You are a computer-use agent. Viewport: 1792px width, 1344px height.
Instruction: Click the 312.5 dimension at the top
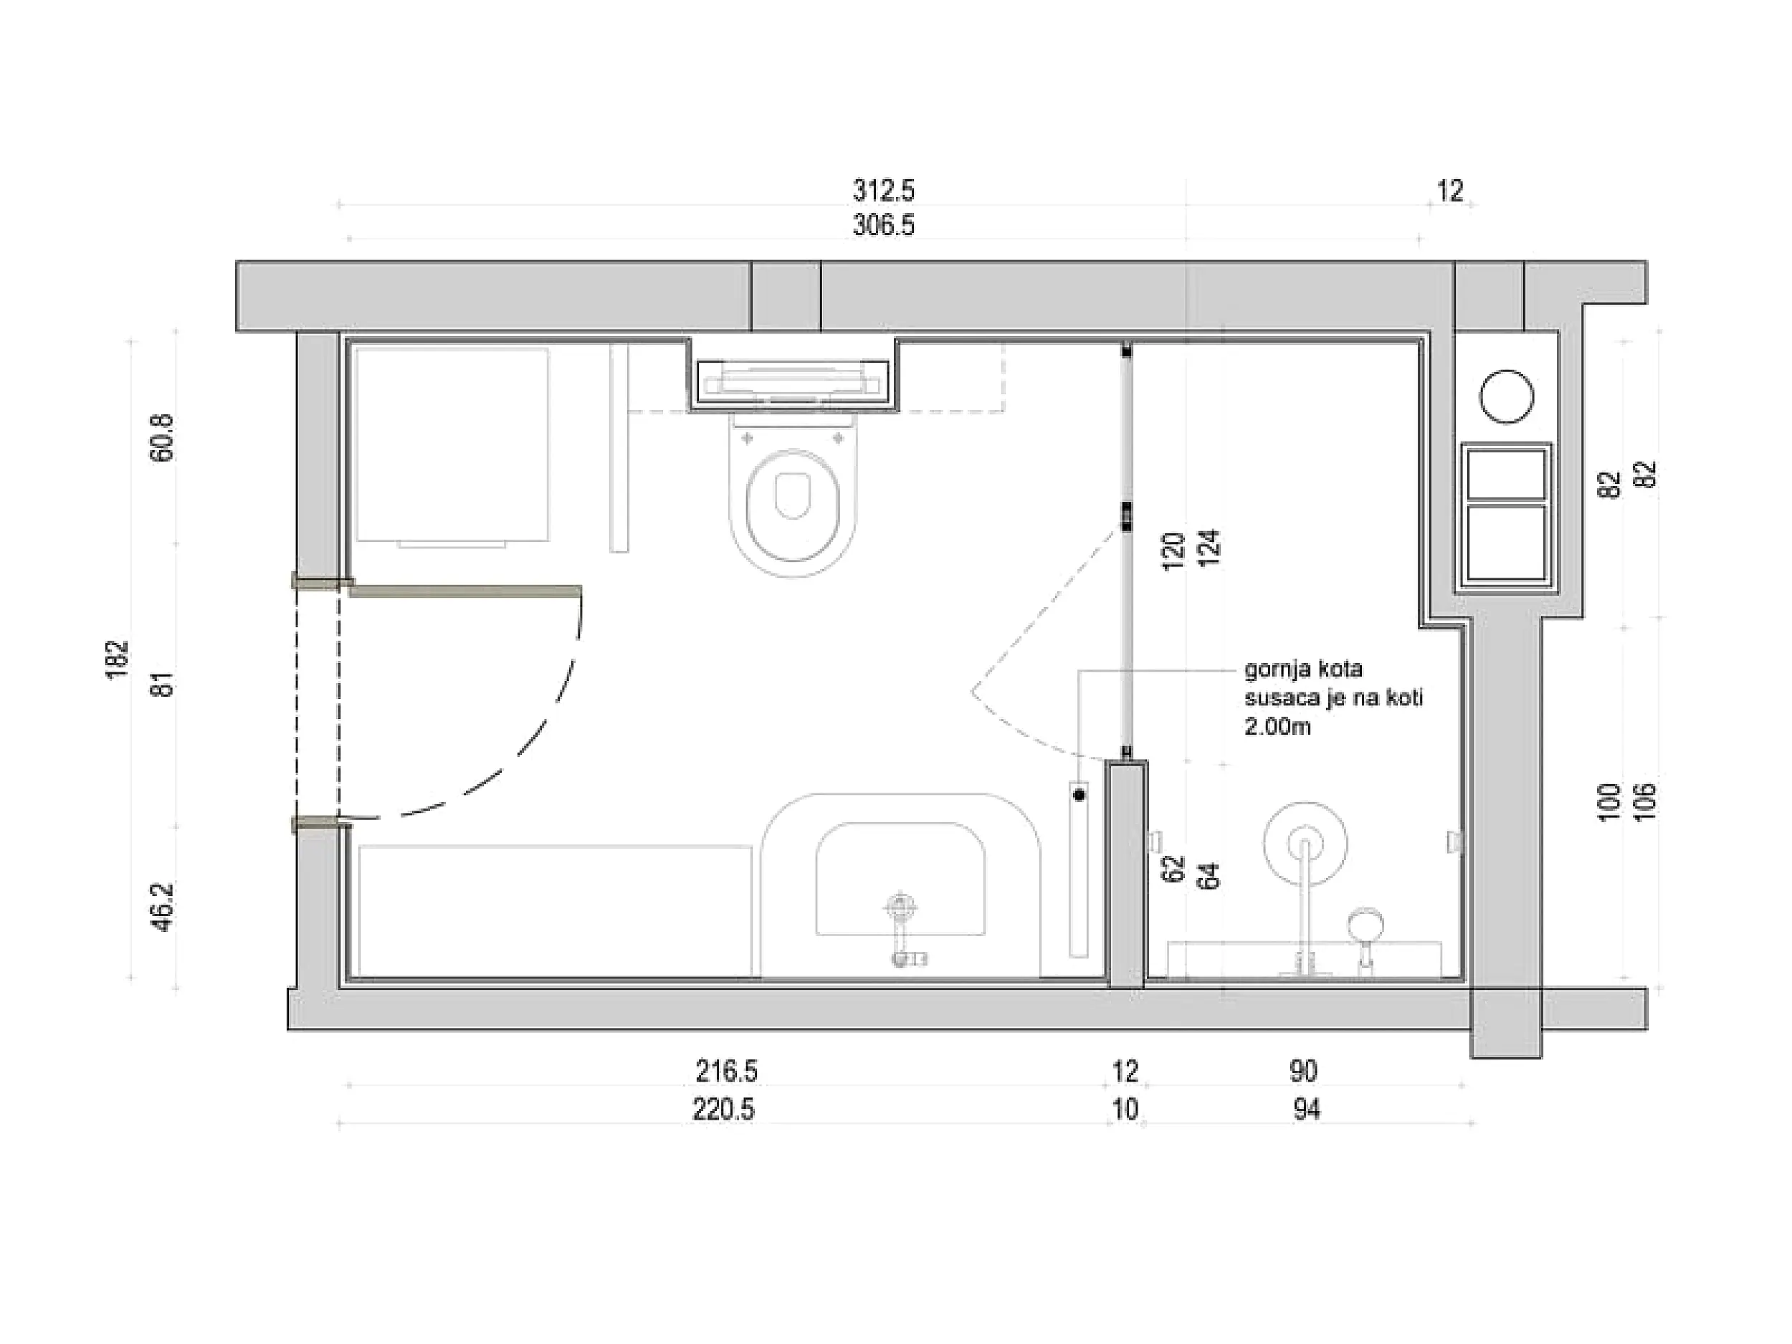[883, 191]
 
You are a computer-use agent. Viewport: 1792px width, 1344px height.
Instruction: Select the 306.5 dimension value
[883, 225]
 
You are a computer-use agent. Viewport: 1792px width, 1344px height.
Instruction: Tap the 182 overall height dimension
[118, 659]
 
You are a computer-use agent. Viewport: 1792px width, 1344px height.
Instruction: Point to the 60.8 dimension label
[162, 438]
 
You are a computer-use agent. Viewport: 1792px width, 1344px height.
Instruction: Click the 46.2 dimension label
[162, 907]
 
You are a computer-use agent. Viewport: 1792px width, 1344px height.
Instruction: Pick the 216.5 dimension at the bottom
[727, 1071]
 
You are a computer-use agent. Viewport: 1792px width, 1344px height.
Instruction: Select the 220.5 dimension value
[723, 1109]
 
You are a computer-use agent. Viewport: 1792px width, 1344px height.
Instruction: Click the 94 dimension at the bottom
[1307, 1109]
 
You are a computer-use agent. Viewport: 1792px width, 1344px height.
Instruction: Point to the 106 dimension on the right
[1647, 803]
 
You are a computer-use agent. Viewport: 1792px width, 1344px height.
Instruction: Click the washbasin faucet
[900, 931]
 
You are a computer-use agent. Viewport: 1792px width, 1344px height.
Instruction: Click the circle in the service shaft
[1507, 396]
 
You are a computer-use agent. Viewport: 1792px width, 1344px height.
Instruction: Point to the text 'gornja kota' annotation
[1303, 669]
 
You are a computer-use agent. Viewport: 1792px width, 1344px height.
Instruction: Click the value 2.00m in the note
[1277, 726]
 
